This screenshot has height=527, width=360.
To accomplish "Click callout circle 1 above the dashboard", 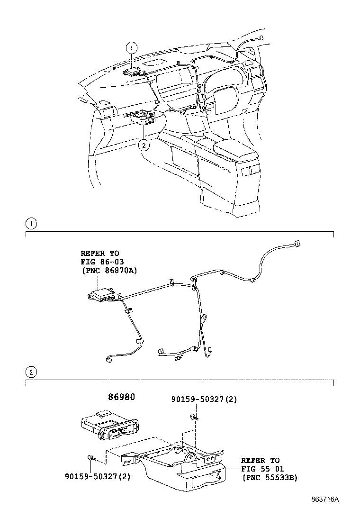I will pos(132,47).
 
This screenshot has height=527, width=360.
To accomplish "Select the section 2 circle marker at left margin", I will pos(30,372).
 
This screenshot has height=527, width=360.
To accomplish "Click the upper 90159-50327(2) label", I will pos(204,400).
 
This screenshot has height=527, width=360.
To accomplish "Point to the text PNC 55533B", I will pos(270,478).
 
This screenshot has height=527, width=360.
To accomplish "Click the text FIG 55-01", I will pos(261,469).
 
